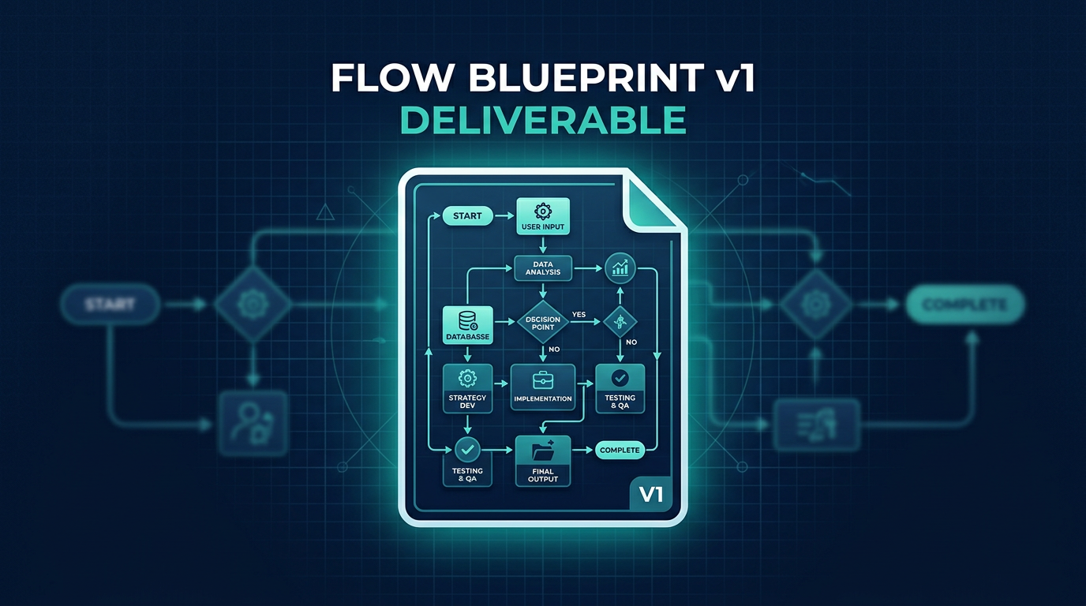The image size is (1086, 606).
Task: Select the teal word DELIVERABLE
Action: coord(542,120)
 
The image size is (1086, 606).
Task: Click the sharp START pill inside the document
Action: coord(467,215)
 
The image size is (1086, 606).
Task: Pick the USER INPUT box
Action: coord(543,218)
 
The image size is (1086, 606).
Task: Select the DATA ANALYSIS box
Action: coord(543,268)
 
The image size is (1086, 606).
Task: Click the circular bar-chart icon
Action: coord(620,268)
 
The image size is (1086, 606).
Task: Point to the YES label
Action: coord(579,315)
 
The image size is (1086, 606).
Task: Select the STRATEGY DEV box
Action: coord(467,387)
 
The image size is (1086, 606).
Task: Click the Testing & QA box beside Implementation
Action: coord(620,387)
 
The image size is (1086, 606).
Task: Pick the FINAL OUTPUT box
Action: coord(543,461)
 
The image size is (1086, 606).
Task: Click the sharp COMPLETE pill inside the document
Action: coord(620,450)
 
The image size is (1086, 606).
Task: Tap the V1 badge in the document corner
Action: coord(650,496)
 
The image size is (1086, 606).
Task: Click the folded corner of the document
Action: coord(651,202)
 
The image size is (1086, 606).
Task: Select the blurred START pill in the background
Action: coord(110,305)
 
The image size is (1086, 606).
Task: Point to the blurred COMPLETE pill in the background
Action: coord(964,305)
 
